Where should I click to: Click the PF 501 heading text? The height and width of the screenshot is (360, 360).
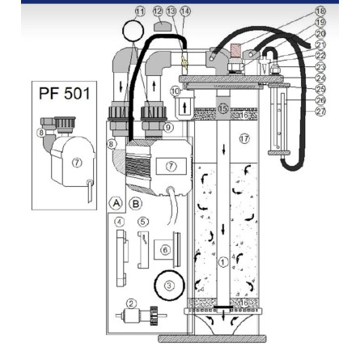[x=68, y=94]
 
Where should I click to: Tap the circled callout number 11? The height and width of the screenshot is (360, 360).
[x=139, y=11]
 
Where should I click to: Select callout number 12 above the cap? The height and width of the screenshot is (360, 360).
[x=158, y=11]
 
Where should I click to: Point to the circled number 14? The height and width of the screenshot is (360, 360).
[x=186, y=11]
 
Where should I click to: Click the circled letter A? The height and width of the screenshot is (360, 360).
[x=116, y=202]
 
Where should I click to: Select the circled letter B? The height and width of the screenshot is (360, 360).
[x=135, y=202]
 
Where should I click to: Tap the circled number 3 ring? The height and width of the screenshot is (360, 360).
[x=169, y=285]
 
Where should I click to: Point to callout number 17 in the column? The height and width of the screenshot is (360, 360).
[x=245, y=139]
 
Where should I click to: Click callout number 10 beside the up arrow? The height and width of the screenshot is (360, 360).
[x=176, y=91]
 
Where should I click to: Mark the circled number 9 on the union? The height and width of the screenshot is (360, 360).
[x=167, y=126]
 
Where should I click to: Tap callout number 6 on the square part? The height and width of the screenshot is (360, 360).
[x=165, y=251]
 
